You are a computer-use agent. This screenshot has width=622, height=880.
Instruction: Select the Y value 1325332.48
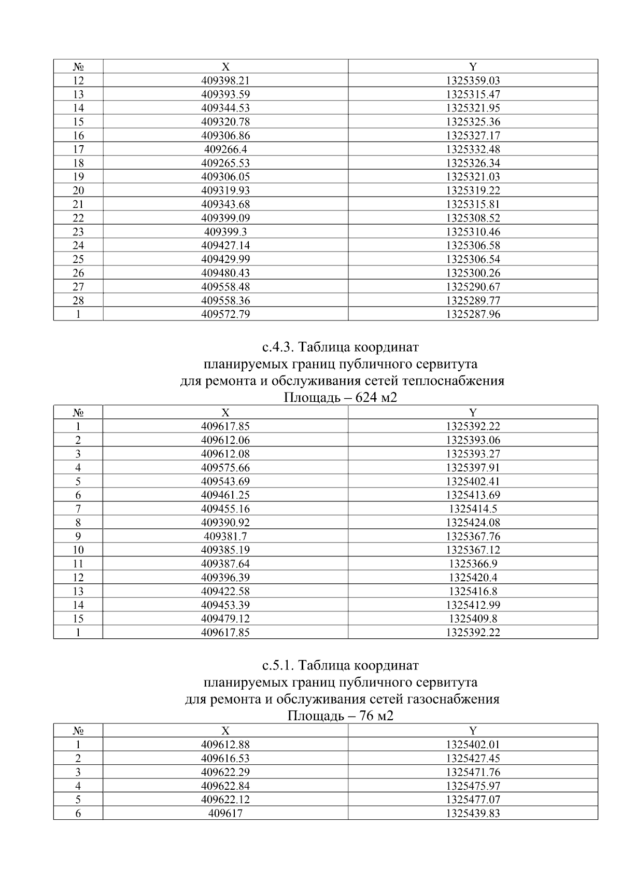click(473, 149)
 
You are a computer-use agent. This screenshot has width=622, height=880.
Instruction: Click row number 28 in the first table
click(78, 300)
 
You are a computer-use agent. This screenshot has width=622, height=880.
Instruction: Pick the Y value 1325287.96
click(473, 314)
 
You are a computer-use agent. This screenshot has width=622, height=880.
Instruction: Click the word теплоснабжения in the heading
click(453, 381)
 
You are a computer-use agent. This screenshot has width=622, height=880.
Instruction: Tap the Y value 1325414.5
click(473, 509)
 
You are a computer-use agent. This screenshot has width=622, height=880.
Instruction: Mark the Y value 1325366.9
click(473, 564)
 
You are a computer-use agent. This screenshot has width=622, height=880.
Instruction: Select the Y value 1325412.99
click(473, 605)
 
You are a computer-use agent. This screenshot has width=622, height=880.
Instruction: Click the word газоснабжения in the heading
click(453, 699)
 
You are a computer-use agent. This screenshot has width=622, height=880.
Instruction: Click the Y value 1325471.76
click(473, 772)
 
